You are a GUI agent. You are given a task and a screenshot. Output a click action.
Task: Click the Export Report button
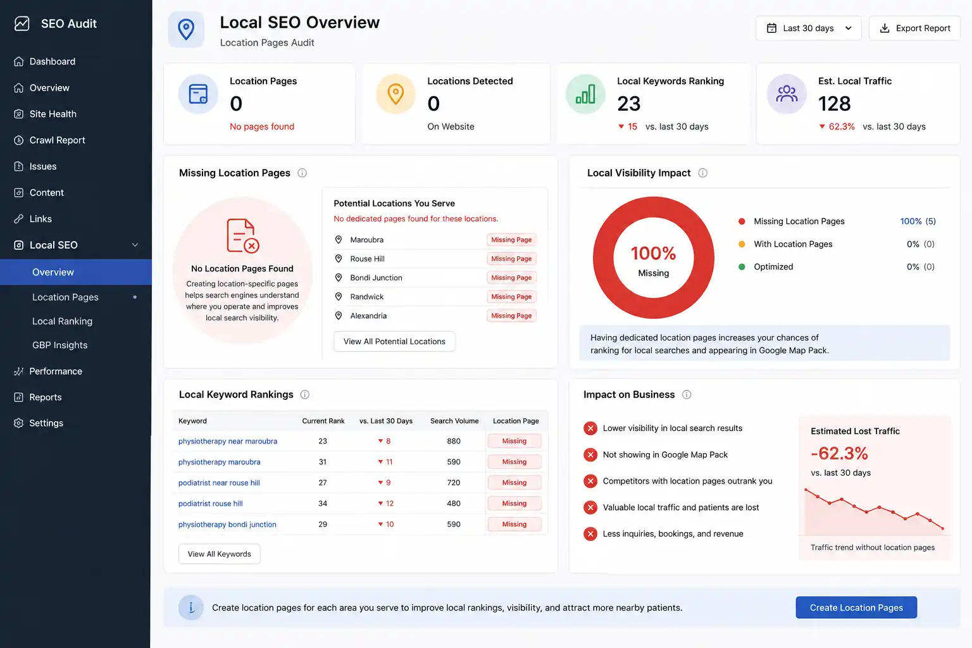coord(914,28)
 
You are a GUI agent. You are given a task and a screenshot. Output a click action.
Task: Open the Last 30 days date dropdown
coord(808,28)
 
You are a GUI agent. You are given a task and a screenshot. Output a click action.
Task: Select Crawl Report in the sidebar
coord(57,140)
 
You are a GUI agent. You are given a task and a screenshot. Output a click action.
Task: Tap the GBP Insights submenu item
coord(60,345)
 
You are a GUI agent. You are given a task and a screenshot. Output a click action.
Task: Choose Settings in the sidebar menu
coord(46,423)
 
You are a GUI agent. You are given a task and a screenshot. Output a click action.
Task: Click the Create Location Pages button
coord(856,607)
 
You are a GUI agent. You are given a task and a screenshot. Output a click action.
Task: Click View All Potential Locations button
coord(394,342)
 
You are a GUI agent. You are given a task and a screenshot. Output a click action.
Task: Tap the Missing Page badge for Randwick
coord(511,297)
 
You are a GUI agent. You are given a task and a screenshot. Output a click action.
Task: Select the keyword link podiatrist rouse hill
coord(211,504)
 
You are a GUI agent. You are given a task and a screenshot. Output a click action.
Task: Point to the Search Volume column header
coord(454,421)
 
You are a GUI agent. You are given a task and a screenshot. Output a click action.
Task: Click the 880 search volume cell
coord(454,441)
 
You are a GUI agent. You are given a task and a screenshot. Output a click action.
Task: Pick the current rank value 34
coord(322,504)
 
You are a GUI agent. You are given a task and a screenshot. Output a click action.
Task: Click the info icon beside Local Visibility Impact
coord(702,173)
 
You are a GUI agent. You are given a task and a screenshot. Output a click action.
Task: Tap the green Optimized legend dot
coord(742,267)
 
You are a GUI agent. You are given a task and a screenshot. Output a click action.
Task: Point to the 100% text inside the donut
coord(653,254)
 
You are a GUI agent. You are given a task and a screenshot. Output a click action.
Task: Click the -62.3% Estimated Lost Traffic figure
coord(839,454)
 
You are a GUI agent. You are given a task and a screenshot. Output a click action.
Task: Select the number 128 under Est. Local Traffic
coord(834,104)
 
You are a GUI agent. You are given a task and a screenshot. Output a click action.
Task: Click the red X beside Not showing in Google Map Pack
coord(590,455)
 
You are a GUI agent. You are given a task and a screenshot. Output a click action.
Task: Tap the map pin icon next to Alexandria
coord(339,316)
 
